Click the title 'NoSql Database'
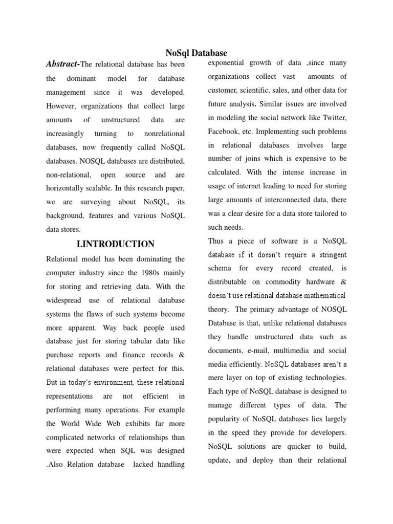(x=196, y=53)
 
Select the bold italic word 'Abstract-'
(x=63, y=64)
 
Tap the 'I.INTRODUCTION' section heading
(x=115, y=244)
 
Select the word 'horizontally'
(x=67, y=188)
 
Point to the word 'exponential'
(x=228, y=63)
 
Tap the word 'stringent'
(x=329, y=254)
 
